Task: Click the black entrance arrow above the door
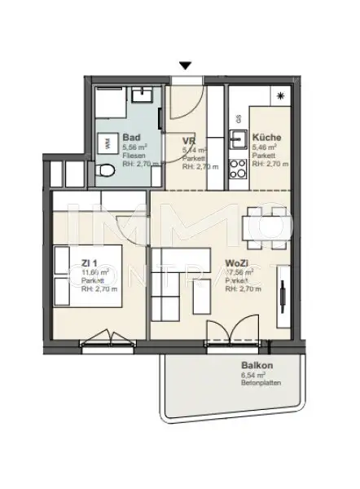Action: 186,65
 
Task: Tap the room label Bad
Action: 130,139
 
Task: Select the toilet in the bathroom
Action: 104,171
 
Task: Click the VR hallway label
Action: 188,141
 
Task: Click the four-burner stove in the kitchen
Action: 239,169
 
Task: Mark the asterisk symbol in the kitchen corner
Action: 281,95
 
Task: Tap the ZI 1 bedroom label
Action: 90,263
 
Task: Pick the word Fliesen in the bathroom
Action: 132,155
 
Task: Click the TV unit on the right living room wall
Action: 283,297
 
